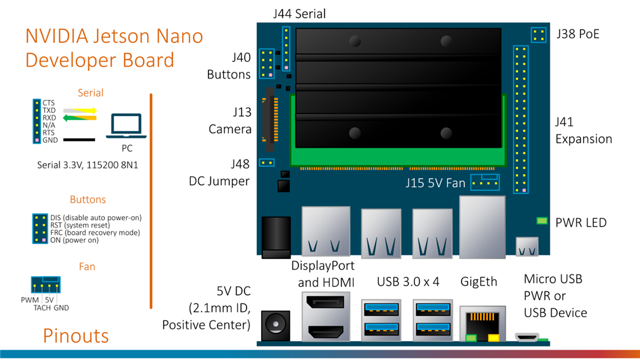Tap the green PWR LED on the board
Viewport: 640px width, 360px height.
542,221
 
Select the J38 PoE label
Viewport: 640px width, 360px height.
577,34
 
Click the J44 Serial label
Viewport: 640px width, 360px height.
299,13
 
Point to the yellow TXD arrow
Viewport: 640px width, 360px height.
81,111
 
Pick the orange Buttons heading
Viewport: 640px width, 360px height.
88,200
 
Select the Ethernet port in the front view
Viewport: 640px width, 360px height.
482,323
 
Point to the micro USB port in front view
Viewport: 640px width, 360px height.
527,337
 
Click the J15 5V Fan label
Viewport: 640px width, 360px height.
435,183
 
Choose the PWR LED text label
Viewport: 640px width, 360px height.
581,222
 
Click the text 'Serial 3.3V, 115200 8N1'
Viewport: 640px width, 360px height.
88,164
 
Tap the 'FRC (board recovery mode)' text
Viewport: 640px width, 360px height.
95,233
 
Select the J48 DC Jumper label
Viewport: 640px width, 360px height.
219,172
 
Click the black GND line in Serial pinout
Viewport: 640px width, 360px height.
79,140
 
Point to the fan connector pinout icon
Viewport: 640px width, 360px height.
46,285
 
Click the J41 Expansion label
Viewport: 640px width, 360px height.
584,131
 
